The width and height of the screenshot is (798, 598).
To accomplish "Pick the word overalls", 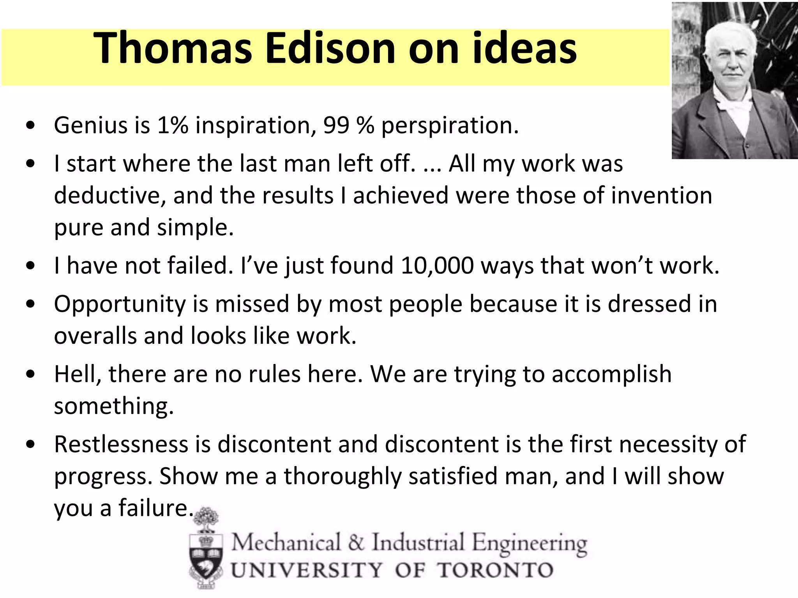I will (95, 336).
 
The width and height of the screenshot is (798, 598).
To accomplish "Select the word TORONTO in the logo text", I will (495, 571).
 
